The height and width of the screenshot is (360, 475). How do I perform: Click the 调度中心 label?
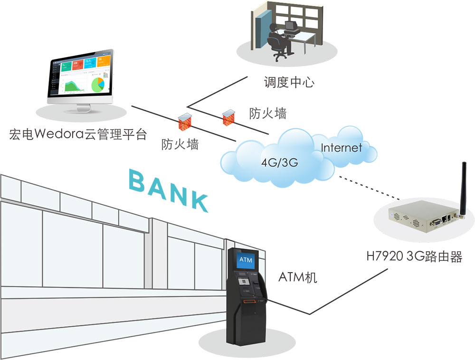pyautogui.click(x=289, y=82)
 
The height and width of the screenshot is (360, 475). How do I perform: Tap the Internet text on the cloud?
pyautogui.click(x=342, y=147)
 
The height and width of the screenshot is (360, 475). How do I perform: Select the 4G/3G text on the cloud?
pyautogui.click(x=279, y=162)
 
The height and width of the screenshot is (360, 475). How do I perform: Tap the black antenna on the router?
pyautogui.click(x=463, y=188)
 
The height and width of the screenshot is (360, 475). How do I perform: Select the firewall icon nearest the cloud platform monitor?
pyautogui.click(x=183, y=121)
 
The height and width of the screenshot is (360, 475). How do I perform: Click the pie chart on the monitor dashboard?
pyautogui.click(x=98, y=84)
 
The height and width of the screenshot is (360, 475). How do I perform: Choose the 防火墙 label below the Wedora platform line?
pyautogui.click(x=180, y=144)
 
